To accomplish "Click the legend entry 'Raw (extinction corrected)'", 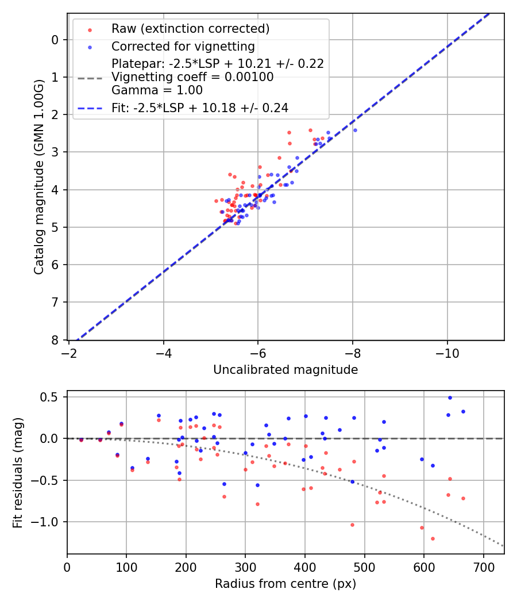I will (x=190, y=29).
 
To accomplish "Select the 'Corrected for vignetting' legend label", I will (x=183, y=46).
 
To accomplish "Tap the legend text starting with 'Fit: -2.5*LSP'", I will (x=200, y=108).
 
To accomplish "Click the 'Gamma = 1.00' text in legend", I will (x=157, y=90).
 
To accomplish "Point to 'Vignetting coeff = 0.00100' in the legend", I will (x=192, y=77).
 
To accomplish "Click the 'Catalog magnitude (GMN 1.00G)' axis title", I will (x=38, y=177).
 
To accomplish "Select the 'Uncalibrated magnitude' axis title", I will (x=285, y=370).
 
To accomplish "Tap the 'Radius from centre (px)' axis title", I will (x=285, y=584).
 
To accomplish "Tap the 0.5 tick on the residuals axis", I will (x=51, y=397).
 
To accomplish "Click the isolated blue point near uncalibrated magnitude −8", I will (x=355, y=130).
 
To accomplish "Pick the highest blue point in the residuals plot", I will (x=450, y=397).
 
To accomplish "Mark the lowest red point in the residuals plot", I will (x=433, y=538).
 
